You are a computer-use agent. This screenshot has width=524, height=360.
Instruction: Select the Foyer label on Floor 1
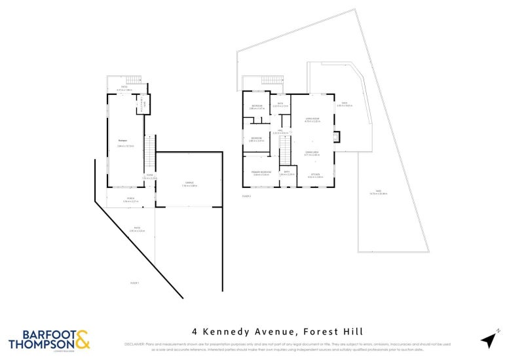[149, 175]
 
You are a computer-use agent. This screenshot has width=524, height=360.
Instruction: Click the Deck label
[345, 103]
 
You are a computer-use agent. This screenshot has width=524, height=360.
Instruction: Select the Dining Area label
[312, 151]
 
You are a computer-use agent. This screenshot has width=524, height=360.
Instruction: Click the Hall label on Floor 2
[280, 131]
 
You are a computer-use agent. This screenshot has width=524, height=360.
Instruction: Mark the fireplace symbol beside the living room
[337, 136]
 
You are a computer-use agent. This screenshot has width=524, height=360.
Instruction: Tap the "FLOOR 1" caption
[135, 282]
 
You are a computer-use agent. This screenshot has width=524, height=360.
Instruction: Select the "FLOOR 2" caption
[247, 196]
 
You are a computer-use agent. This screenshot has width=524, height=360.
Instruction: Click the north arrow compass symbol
[489, 339]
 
